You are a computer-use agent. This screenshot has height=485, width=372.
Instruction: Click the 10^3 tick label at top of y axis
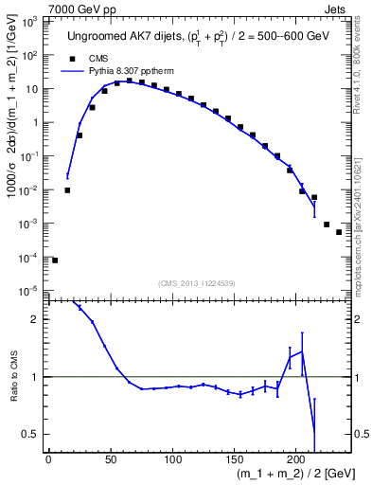click(x=28, y=22)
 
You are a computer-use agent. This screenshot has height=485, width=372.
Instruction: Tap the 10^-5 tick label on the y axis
click(x=28, y=290)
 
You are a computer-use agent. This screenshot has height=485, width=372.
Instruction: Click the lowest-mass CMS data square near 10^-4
click(x=55, y=260)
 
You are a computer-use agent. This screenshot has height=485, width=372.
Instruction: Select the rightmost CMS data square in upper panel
click(x=339, y=232)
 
